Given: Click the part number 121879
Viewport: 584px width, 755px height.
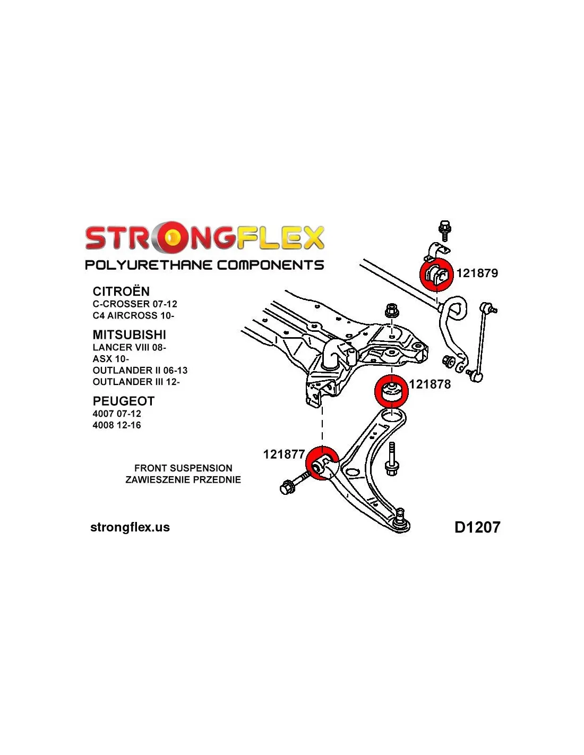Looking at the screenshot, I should coord(477,273).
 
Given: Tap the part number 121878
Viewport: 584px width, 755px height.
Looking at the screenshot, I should coord(430,384).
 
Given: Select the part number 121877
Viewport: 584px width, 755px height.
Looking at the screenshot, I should coord(284,454).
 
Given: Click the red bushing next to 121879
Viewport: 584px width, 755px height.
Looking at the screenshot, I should coord(436,274).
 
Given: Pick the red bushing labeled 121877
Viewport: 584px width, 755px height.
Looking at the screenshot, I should coord(322,464).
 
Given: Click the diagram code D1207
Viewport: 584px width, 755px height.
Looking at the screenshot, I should coord(477,527).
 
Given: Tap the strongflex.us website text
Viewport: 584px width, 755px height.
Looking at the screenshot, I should coord(130,527).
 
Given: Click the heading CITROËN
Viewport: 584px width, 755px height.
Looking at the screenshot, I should coord(121,291).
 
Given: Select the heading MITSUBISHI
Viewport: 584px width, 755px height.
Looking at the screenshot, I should coord(129,334).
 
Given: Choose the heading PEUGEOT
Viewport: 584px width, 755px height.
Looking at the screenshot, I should coord(123,401).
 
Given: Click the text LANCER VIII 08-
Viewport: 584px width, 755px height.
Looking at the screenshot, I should coord(129,347).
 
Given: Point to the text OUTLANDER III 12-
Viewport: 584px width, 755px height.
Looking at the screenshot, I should coord(136,382).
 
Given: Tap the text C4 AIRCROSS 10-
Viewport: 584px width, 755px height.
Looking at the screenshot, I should coord(133,315).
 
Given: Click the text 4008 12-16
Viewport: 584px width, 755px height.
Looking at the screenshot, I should coord(117,425).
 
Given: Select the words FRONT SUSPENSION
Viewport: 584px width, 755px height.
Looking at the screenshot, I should coord(183,468).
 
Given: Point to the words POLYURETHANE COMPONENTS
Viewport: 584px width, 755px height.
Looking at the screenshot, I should coord(204,265).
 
